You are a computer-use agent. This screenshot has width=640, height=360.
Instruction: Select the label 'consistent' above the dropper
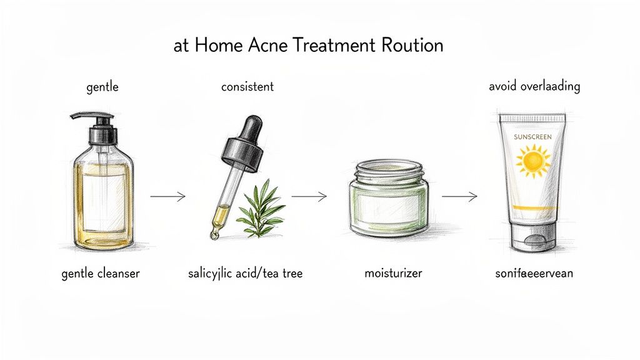(247, 87)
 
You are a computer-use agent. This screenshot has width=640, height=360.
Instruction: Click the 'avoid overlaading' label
(534, 86)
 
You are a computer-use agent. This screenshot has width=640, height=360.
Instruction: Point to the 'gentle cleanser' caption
(101, 274)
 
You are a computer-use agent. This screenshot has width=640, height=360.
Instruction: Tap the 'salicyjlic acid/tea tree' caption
(245, 274)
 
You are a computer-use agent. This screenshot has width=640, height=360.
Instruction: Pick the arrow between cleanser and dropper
(168, 197)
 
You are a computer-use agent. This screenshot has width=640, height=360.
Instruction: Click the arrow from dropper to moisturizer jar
(309, 197)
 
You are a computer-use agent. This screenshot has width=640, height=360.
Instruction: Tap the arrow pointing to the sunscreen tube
(459, 197)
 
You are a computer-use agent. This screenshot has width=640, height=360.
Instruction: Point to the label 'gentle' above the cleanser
(102, 87)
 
